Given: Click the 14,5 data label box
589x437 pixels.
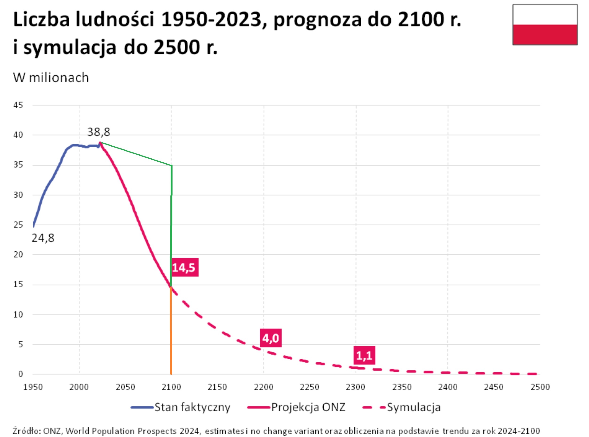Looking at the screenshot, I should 184,267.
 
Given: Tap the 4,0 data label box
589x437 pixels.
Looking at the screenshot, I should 271,338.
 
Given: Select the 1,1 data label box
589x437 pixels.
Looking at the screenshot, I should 364,355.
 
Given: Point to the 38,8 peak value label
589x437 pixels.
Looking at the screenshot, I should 98,132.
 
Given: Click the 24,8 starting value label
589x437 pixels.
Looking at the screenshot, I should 43,238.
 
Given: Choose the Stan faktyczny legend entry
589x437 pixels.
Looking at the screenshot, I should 181,407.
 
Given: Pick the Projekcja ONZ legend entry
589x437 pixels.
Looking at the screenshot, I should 296,407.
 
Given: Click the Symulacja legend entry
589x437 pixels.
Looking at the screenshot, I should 402,407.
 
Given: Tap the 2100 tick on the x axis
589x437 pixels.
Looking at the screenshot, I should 171,387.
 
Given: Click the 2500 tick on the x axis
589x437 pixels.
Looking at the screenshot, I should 540,387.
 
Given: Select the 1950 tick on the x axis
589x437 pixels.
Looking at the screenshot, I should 33,387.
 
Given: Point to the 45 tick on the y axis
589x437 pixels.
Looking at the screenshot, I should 18,105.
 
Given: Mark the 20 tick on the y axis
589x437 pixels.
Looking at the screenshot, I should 18,255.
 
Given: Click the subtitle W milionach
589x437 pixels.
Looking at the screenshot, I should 51,78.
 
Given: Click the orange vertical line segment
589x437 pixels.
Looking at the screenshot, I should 171,331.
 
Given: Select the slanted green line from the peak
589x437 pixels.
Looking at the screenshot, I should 136,154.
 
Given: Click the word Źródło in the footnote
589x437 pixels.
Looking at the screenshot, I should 27,431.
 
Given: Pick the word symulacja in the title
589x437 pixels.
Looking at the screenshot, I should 70,47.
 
